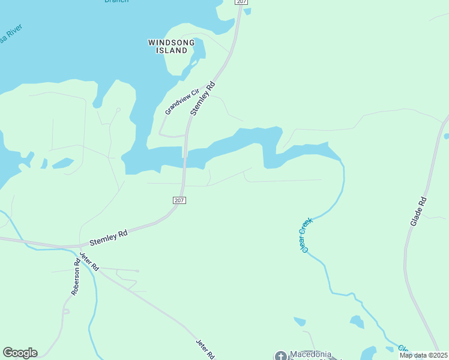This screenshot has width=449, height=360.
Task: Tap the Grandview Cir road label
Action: point(182,102)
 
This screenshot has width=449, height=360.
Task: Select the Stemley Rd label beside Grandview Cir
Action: point(202,98)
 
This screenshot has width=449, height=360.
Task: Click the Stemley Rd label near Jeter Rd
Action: point(109,238)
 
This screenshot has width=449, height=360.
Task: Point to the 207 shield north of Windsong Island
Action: point(241,2)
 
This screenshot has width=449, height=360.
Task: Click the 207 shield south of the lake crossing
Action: point(179,200)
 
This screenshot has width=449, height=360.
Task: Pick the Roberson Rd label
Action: point(76,277)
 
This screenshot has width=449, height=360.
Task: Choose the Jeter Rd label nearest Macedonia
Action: point(205,349)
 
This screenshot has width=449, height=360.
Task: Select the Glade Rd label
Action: point(418,211)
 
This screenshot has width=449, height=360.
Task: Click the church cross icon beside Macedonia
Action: point(280,356)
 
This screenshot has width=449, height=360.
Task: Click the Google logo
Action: point(20,352)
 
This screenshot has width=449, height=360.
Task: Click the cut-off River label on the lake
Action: point(11,37)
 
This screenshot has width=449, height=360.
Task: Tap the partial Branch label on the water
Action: point(116,2)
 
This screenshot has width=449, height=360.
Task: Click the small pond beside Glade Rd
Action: point(446,136)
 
